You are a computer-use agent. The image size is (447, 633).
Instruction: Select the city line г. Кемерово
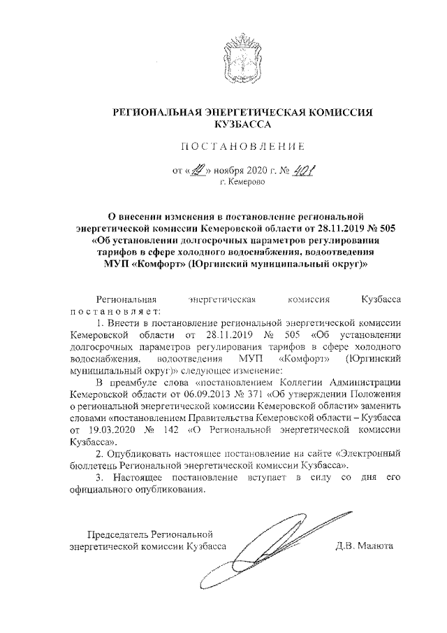click(242, 182)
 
